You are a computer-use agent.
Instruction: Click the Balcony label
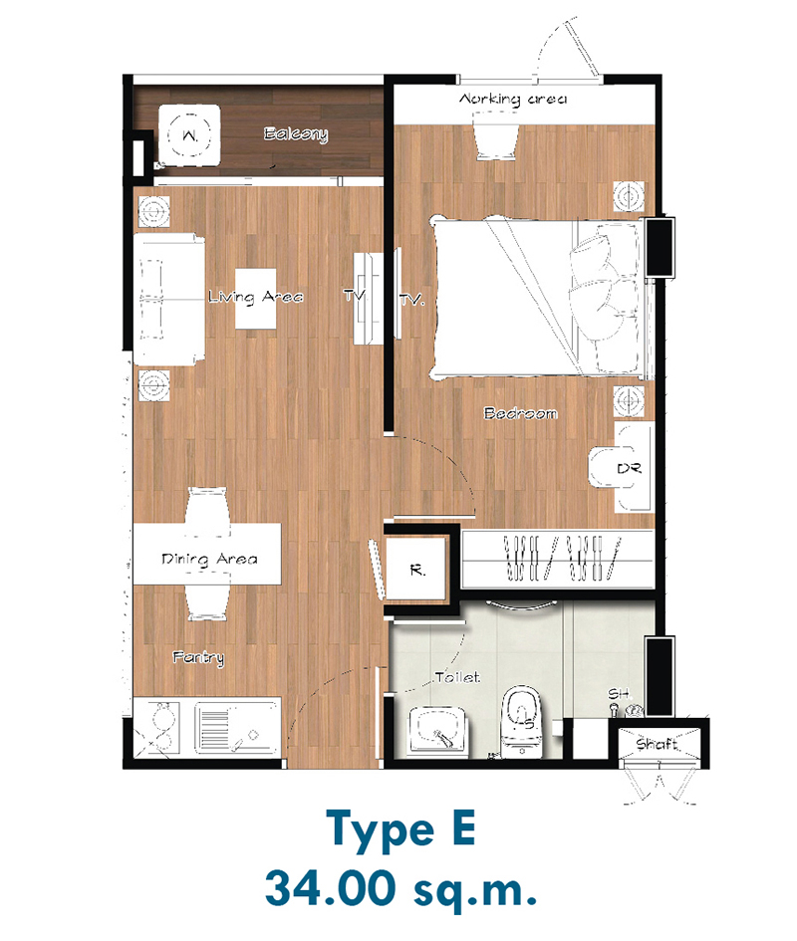coord(296,133)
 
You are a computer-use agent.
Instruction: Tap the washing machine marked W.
coord(189,135)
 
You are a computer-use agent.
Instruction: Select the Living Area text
coord(256,297)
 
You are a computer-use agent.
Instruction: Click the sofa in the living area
coord(168,300)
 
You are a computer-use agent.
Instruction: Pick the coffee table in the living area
coord(255,299)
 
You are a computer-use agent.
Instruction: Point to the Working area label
coord(513,99)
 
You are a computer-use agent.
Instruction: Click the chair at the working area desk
coord(497,139)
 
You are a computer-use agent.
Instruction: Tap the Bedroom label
coord(521,413)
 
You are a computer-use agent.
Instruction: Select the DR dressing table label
coord(629,468)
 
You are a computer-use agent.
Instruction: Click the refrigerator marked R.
coord(416,569)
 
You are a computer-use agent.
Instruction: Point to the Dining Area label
coord(209,560)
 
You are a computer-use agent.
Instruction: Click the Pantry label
coord(199,658)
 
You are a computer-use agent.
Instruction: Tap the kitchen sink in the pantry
coord(237,726)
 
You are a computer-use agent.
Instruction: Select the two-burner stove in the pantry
coord(157,727)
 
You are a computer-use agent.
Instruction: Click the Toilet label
coord(457,677)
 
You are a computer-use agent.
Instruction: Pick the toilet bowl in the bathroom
coord(522,721)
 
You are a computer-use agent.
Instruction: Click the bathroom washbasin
coord(439,730)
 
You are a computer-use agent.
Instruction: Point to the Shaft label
coord(658,744)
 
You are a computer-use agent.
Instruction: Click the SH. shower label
coord(620,694)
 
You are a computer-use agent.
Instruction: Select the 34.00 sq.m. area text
coord(400,889)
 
